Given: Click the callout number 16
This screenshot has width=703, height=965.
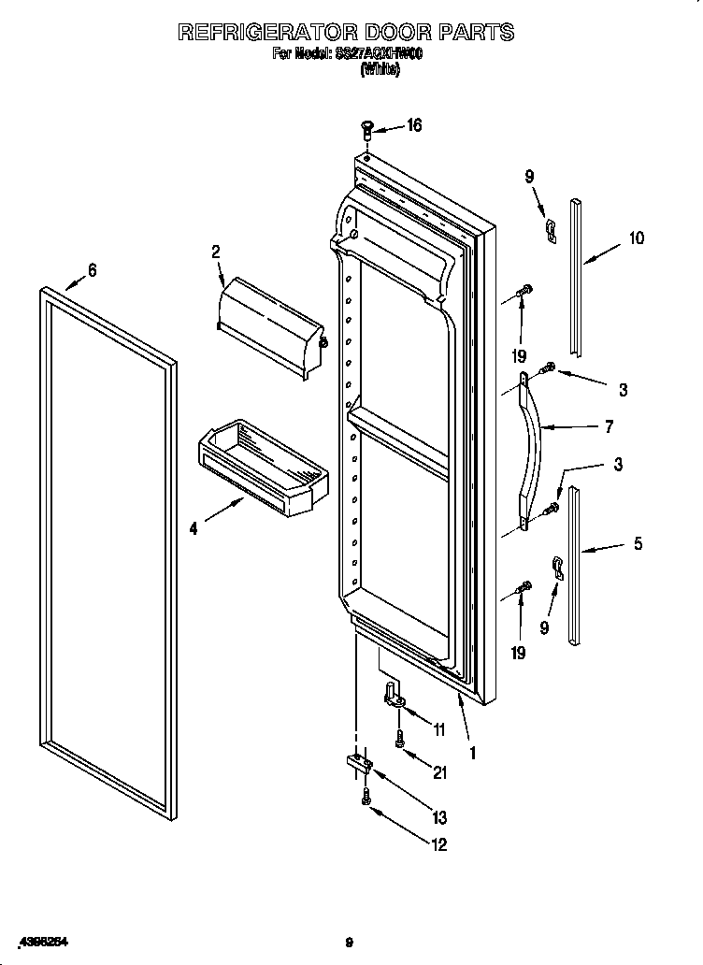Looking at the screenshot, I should [413, 125].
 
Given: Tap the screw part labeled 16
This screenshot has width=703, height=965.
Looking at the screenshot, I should [366, 128].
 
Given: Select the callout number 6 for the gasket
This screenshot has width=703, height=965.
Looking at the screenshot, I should [92, 270].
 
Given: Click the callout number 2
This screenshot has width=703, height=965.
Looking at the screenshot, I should [215, 251].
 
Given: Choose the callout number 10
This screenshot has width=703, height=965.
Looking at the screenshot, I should [636, 238].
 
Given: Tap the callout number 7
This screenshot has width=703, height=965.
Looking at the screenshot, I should [609, 426].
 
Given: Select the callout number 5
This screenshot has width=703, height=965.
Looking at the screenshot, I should [638, 542].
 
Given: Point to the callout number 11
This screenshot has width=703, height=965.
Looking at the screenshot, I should [439, 728].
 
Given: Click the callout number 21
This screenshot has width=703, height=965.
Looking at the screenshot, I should [439, 771].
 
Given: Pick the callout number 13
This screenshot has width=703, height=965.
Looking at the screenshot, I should [439, 817].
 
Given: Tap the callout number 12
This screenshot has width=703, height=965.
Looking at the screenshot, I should [439, 844].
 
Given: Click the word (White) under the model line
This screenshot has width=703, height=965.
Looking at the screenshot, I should [380, 69].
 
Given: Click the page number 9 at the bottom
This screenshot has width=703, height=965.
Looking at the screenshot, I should [349, 943].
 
